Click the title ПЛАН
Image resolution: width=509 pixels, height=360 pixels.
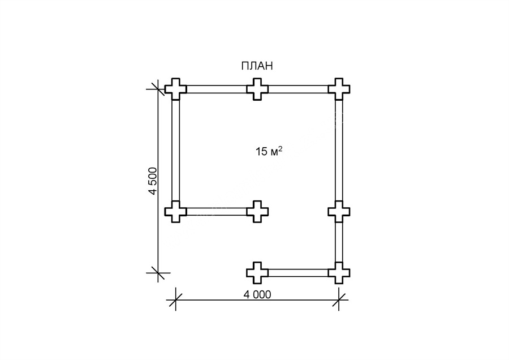(257, 66)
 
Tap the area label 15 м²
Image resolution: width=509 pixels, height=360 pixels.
(269, 151)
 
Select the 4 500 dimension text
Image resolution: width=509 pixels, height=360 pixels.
(152, 181)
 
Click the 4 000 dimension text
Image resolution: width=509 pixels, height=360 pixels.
(257, 294)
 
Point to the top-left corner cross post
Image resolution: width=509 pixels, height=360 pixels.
(176, 89)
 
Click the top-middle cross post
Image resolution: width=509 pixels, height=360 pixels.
(257, 89)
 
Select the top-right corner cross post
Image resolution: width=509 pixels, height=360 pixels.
(339, 89)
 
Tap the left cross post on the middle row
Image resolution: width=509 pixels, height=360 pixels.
(176, 212)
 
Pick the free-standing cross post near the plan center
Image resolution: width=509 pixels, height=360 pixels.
(257, 212)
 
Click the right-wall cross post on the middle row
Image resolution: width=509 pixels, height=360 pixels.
(339, 212)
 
